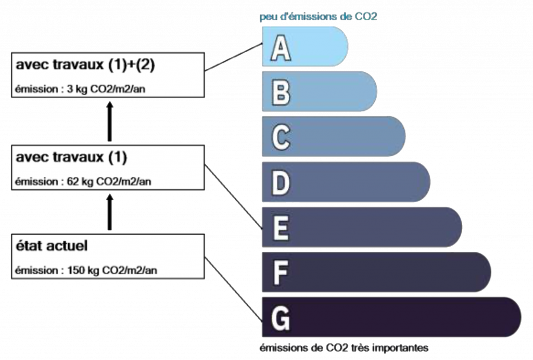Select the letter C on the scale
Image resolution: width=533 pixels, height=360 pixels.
281,138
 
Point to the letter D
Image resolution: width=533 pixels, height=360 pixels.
281,183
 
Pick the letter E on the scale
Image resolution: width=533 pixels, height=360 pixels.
281,228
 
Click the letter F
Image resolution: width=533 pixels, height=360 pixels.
281,273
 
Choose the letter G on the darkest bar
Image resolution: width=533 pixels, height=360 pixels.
281,318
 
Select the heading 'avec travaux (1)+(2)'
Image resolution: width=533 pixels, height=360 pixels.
86,65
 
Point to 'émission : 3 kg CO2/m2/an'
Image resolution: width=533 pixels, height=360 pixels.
84,89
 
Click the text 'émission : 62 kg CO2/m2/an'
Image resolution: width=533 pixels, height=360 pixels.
84,182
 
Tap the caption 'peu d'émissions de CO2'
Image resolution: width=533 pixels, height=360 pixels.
318,17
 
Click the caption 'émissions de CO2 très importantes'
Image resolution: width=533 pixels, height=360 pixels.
344,346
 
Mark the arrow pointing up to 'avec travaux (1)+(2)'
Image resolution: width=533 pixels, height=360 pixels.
109,121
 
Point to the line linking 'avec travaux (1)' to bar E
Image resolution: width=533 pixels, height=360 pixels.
233,197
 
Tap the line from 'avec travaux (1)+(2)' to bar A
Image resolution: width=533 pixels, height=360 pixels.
233,57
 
